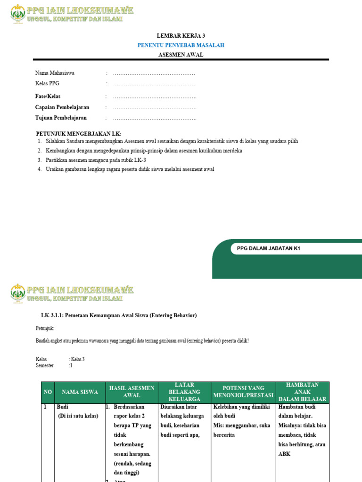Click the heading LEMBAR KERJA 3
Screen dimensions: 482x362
tap(181, 35)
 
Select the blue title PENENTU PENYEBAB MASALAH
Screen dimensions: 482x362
tap(181, 45)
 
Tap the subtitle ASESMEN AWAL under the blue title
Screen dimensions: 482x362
tap(181, 55)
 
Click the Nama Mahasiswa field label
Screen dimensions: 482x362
tap(55, 73)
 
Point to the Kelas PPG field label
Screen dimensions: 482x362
tap(47, 83)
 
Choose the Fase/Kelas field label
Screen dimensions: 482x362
tap(48, 96)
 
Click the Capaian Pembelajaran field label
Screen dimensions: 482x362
tap(62, 107)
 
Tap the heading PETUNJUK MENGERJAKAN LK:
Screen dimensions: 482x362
tap(79, 134)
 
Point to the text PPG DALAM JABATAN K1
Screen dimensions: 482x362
tap(265, 249)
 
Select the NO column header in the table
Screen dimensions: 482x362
tap(48, 392)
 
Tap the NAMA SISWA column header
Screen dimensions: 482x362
tap(80, 392)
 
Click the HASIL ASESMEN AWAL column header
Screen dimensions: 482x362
tap(132, 392)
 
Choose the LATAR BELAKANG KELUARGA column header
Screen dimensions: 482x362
tap(184, 392)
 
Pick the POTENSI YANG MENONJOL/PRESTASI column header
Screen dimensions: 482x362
tap(243, 392)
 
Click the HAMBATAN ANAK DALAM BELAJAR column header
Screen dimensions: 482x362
tap(302, 392)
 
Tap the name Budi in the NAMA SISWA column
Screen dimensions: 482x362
tap(62, 407)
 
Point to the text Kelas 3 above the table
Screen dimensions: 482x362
tap(77, 359)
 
